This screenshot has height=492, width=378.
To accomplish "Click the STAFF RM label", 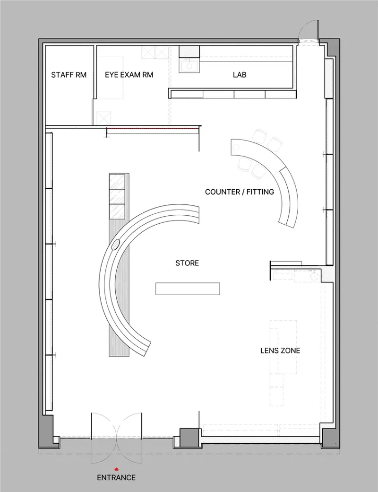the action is [69, 75].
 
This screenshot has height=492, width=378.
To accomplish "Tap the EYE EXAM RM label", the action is [129, 75].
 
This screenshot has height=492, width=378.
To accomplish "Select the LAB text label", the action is [240, 75].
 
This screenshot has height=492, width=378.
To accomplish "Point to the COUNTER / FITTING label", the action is [240, 192].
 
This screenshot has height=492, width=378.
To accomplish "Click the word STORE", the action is [187, 263].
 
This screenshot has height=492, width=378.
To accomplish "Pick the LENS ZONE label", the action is [280, 350].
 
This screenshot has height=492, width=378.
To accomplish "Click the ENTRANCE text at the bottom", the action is [116, 477].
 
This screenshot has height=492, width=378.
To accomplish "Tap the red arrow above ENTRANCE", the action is [116, 469].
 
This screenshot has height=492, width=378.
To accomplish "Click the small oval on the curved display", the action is [115, 245].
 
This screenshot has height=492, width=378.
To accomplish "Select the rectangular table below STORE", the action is [188, 289].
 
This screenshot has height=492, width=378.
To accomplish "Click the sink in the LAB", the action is [189, 66].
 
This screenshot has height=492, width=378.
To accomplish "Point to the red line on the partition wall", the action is [153, 128].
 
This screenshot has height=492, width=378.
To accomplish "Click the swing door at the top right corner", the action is [309, 30].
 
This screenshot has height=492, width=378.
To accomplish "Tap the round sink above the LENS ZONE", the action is [314, 275].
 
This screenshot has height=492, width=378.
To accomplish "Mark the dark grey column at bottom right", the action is [331, 437].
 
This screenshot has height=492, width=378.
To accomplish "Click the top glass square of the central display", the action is [117, 181].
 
